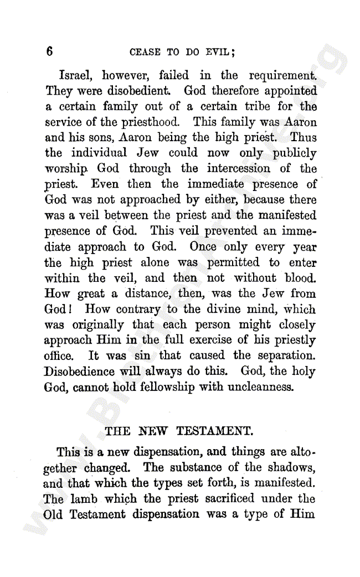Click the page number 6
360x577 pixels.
tap(50, 52)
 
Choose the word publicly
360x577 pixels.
tap(293, 153)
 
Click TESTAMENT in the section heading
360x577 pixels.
tap(213, 431)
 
